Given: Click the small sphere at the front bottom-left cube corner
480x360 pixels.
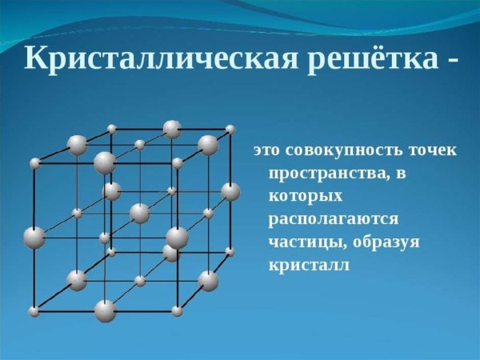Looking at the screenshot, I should (x=34, y=311).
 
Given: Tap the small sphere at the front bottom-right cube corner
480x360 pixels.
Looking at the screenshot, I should (x=177, y=310).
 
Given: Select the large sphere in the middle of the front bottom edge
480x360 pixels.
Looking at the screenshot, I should (x=105, y=310).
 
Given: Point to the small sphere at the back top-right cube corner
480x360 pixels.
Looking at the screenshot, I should (x=230, y=129).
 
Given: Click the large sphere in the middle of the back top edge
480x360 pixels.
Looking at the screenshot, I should (x=172, y=129).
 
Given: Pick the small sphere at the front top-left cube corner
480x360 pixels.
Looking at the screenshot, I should (x=34, y=163).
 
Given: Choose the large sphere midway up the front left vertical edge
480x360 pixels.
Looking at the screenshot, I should (x=34, y=238).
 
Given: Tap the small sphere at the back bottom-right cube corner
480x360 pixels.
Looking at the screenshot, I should (x=230, y=251).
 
